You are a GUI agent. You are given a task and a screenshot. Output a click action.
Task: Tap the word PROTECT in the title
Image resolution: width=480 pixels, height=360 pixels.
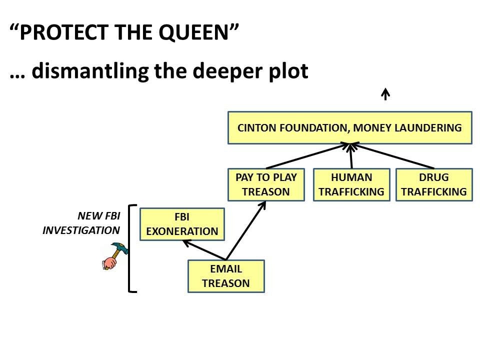[x=58, y=33]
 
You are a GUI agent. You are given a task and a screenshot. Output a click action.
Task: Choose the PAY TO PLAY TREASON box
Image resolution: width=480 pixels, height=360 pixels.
[x=266, y=184]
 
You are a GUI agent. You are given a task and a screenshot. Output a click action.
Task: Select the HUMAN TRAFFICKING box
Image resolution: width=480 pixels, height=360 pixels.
[x=351, y=184]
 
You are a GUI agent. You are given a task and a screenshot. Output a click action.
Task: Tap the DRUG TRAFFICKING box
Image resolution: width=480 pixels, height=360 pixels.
[x=434, y=184]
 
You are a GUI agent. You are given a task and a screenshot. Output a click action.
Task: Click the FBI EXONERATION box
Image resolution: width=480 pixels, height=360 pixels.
[x=182, y=224]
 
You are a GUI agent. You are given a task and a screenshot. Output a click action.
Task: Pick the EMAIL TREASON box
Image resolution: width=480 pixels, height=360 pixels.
[x=225, y=276]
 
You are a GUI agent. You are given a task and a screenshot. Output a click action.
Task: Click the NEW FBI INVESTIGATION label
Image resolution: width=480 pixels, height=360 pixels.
[x=83, y=223]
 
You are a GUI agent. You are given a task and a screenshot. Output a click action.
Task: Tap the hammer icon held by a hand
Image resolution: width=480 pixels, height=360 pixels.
[x=112, y=255]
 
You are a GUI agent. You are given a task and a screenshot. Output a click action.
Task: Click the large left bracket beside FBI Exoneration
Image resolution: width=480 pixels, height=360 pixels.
[x=131, y=248]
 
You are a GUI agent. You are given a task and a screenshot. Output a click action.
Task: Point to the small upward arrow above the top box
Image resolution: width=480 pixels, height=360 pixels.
[x=385, y=94]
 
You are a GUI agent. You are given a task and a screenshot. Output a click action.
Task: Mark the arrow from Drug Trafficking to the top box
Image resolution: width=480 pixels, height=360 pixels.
[x=395, y=156]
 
